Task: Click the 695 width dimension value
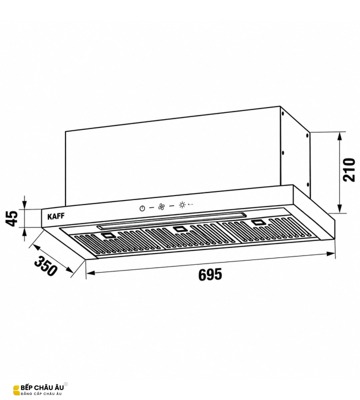click(210, 274)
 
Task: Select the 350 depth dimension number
click(45, 266)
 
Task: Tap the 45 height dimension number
click(12, 218)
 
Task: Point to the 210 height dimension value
click(349, 169)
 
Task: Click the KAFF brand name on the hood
click(56, 216)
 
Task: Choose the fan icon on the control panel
click(161, 206)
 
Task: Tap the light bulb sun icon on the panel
click(182, 205)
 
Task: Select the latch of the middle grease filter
click(179, 229)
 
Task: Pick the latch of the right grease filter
click(258, 222)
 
